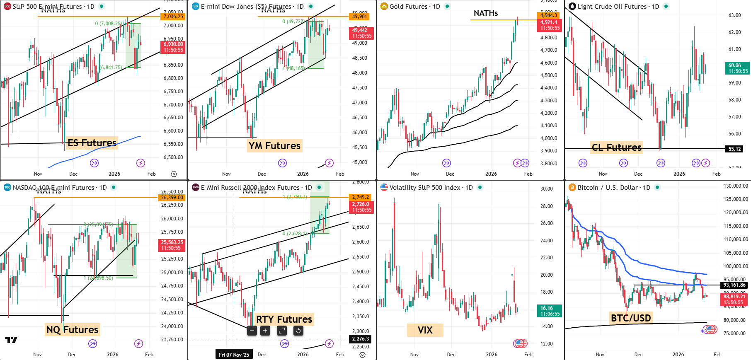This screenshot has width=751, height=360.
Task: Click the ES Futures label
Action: coord(92,143)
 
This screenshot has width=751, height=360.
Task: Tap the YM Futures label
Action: coord(274,146)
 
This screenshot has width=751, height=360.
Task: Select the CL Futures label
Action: coord(616,147)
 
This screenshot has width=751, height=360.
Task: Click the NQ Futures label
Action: coord(73,330)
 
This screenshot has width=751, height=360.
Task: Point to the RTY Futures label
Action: coord(284,319)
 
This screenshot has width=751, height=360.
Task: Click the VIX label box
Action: coord(425,330)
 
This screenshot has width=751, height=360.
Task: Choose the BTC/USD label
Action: coord(631,318)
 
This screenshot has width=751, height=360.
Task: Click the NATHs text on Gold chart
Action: coord(486,13)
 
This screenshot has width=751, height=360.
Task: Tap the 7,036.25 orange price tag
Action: coord(173,17)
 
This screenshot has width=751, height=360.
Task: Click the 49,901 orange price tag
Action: coord(359,17)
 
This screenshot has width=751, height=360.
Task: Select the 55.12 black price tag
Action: coord(734,149)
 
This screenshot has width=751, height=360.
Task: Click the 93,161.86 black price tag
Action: coord(734,285)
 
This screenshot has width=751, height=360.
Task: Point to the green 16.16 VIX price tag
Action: coord(550,311)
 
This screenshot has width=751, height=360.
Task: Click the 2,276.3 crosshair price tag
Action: coord(360,339)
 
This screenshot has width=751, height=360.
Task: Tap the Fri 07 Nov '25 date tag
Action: coord(234,355)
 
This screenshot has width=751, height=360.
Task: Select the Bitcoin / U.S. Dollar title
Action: coord(613,188)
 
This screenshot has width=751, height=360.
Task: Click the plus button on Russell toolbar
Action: coord(265,331)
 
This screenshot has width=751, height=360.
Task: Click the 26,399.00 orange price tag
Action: coord(172,198)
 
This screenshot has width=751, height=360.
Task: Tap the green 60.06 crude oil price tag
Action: coord(738,68)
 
